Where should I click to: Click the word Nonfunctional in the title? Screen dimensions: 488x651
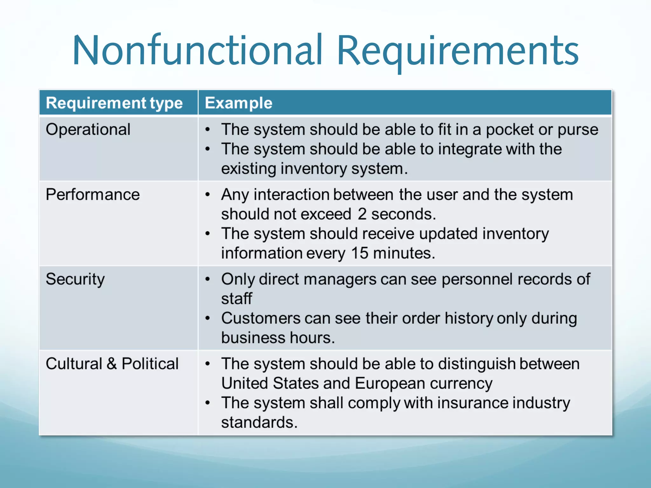[197, 51]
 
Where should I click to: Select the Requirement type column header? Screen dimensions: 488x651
[114, 103]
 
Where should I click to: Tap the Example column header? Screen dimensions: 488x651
[238, 103]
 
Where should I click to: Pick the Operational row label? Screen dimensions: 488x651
[88, 130]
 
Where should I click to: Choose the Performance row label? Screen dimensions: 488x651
[93, 194]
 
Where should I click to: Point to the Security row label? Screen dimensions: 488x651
[75, 279]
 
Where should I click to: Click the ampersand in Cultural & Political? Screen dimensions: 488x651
[112, 364]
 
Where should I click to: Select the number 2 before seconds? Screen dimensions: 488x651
[362, 214]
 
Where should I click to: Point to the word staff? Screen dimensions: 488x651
[236, 299]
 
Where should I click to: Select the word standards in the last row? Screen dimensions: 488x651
[259, 423]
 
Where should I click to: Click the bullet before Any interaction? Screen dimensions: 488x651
[208, 194]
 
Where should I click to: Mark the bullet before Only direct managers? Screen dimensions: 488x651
[208, 279]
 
